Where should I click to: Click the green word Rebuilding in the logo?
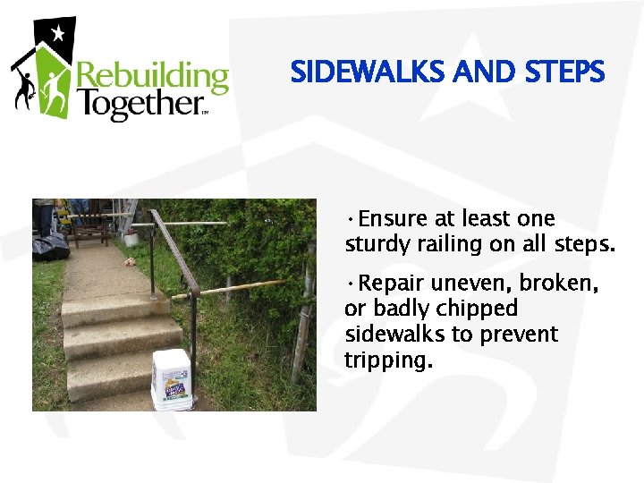[153, 78]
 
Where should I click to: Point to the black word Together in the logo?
[141, 106]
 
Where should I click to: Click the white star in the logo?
[58, 35]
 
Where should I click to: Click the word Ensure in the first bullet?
[395, 219]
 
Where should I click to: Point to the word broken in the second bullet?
[560, 284]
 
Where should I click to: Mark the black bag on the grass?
[50, 244]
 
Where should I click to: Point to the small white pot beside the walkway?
[131, 238]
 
